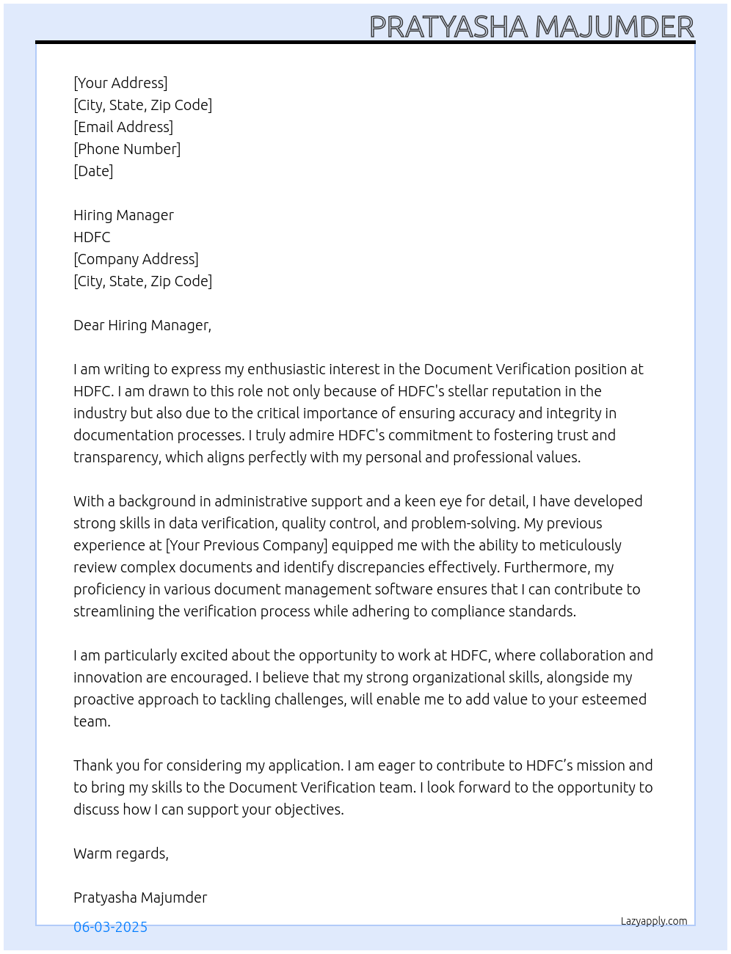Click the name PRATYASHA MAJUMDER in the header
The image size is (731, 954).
[x=531, y=26]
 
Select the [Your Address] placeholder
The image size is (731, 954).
[x=120, y=83]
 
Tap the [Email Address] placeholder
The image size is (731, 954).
[x=123, y=127]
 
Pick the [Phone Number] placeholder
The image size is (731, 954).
[x=127, y=149]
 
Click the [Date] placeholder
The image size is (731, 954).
[x=93, y=171]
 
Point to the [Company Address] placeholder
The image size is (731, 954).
[x=136, y=259]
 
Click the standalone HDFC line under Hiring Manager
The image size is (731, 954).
[x=92, y=237]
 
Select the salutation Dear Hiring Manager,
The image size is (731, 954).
[x=142, y=325]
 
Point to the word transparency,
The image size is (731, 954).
[x=117, y=458]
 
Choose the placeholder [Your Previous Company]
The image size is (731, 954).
[x=247, y=545]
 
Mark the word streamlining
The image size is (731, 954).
[x=114, y=611]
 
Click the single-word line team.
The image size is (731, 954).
[x=92, y=721]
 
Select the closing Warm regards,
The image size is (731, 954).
[x=121, y=853]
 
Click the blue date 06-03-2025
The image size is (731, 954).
[x=110, y=927]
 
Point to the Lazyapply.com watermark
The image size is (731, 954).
[x=654, y=921]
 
